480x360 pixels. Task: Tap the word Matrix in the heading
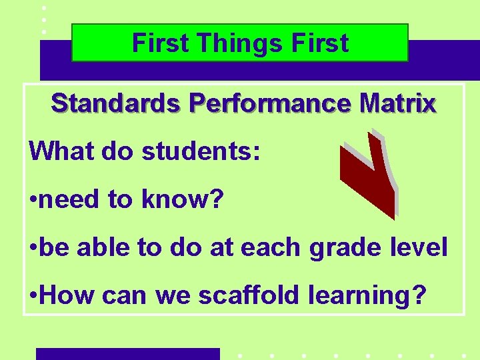[397, 104]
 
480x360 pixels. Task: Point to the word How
[64, 294]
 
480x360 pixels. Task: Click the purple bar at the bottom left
[127, 353]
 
